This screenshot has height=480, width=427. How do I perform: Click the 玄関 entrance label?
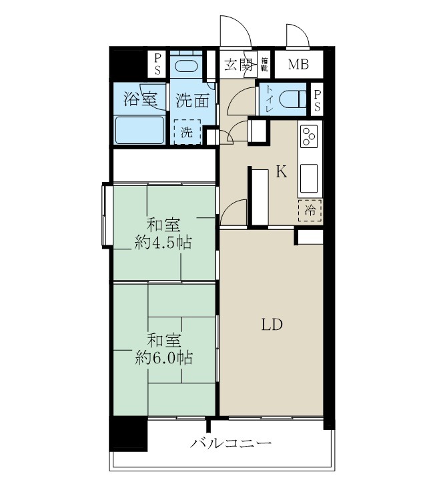(238, 65)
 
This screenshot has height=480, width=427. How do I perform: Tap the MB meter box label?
(298, 65)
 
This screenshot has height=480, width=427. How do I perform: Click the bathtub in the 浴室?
(140, 130)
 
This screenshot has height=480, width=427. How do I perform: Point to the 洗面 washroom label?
(192, 101)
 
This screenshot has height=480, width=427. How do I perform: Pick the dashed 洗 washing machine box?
(187, 131)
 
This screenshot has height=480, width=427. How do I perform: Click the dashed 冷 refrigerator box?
(310, 210)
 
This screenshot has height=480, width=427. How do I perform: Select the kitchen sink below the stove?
(310, 178)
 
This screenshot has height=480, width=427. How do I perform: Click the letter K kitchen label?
(282, 173)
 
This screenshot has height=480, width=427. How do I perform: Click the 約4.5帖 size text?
(163, 243)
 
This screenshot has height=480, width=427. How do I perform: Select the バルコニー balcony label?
(231, 443)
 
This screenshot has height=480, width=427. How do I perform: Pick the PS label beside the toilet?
(318, 100)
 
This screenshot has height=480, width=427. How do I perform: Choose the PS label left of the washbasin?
(158, 65)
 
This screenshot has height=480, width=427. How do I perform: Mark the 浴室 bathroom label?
(140, 100)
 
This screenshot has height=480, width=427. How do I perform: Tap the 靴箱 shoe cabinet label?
(264, 64)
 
